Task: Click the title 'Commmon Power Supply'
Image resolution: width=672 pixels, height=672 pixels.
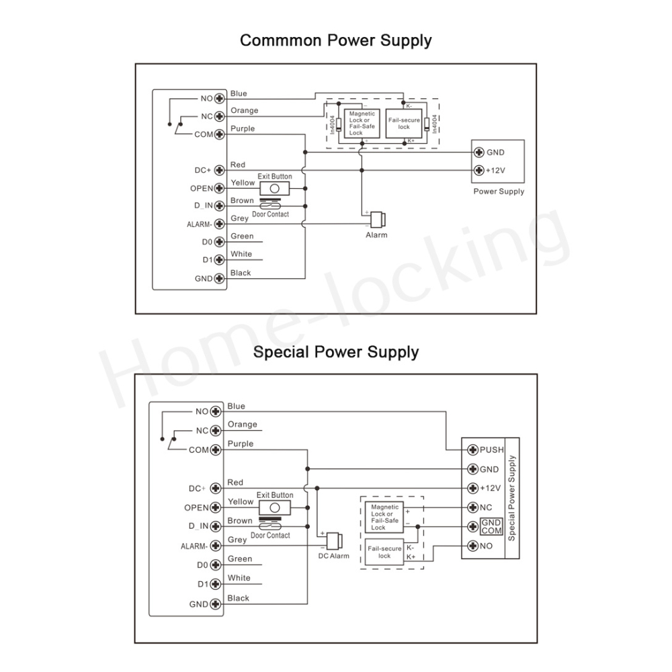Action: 336,40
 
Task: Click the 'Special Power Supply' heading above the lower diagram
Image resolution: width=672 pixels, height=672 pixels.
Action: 336,351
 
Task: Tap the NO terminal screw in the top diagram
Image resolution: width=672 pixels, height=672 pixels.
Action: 218,99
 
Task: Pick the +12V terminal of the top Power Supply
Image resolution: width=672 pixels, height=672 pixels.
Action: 479,170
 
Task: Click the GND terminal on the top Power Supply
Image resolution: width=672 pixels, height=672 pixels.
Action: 479,152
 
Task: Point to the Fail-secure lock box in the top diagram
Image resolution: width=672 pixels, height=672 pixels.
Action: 404,124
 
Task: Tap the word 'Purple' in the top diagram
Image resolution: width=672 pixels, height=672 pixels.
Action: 243,128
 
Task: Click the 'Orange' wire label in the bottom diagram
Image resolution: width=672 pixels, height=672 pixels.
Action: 243,424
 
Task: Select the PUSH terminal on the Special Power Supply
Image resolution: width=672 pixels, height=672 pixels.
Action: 473,450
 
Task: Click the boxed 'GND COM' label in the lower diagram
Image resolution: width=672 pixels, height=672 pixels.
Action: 491,527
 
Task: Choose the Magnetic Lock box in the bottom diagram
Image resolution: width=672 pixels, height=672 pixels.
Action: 384,517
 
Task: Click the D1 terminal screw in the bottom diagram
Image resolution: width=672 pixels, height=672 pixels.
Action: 216,584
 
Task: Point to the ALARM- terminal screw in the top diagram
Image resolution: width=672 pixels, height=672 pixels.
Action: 218,224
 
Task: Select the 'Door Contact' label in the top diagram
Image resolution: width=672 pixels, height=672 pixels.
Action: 270,214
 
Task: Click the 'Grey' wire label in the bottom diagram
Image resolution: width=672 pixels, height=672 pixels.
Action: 237,540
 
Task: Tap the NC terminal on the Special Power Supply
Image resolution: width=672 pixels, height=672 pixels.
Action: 473,507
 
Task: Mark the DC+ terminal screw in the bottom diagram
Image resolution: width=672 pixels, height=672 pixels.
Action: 216,489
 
